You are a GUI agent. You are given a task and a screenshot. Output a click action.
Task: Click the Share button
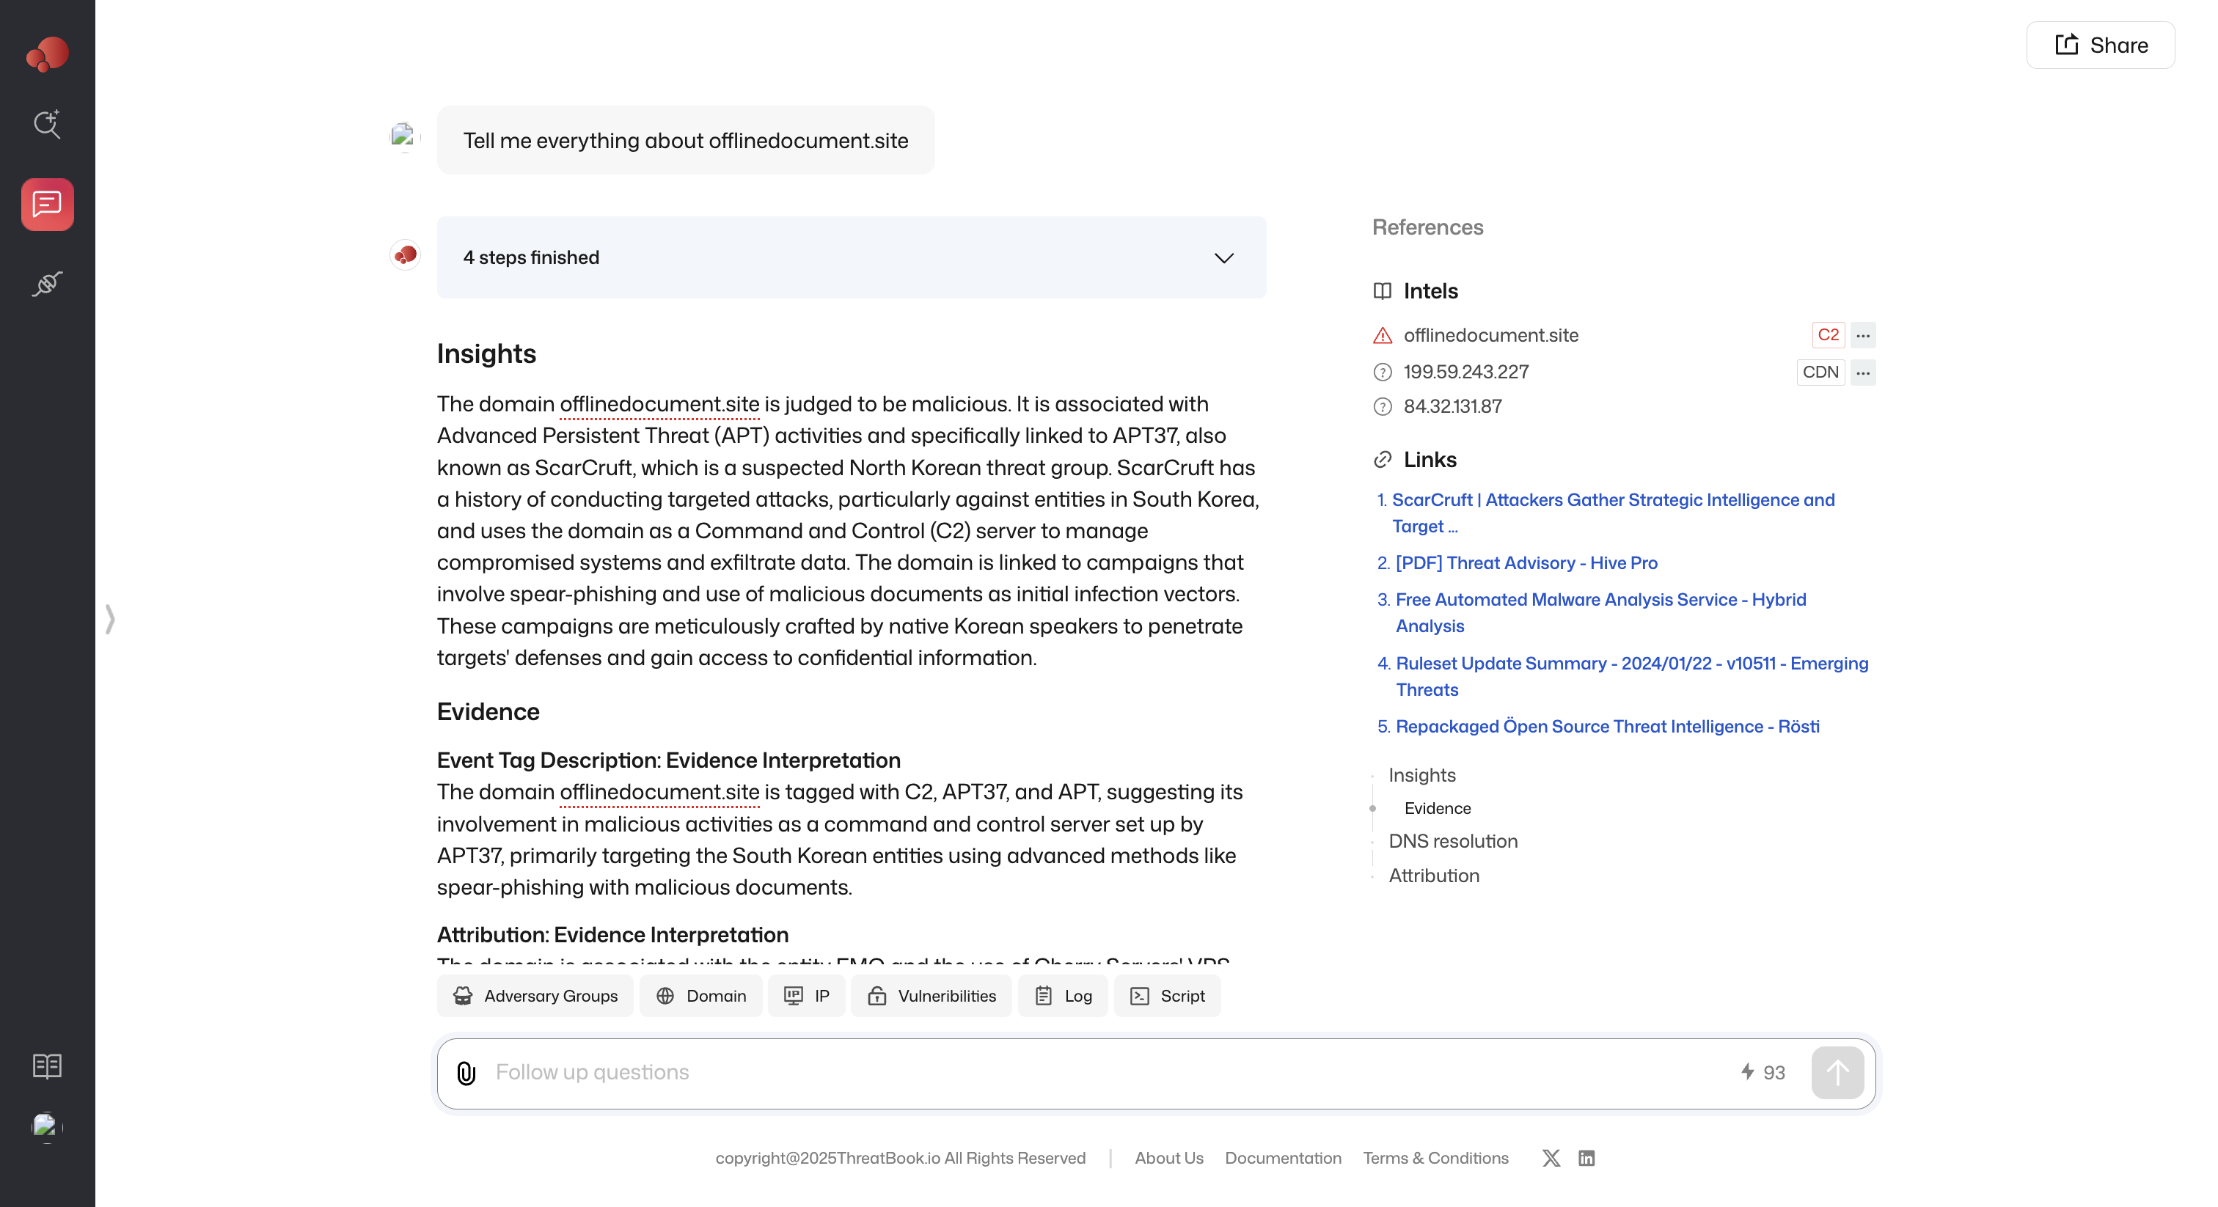coord(2100,45)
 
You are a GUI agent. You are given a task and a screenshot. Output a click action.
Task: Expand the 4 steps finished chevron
coord(1223,258)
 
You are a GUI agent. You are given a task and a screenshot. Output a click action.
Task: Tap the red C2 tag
coord(1827,335)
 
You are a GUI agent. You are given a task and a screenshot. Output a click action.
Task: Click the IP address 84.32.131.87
coord(1452,406)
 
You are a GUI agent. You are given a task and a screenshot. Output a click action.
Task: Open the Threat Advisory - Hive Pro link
coord(1525,563)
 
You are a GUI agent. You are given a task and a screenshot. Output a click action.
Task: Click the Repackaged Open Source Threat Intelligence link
coord(1607,727)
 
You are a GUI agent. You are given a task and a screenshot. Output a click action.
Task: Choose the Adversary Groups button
coord(535,996)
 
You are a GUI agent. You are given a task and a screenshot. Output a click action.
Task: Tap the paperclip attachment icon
coord(466,1073)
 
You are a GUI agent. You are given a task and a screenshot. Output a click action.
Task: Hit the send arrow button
coord(1837,1073)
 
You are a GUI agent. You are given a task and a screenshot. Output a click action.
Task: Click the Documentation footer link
coord(1282,1158)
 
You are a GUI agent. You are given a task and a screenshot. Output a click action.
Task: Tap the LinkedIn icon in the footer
coord(1586,1158)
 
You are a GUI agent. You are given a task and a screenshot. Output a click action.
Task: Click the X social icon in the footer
coord(1551,1158)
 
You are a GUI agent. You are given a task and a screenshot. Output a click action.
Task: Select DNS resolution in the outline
coord(1452,841)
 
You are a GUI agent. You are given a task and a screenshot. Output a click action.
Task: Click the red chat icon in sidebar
coord(48,205)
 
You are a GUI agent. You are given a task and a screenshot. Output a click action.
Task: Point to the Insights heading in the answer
coord(486,354)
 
